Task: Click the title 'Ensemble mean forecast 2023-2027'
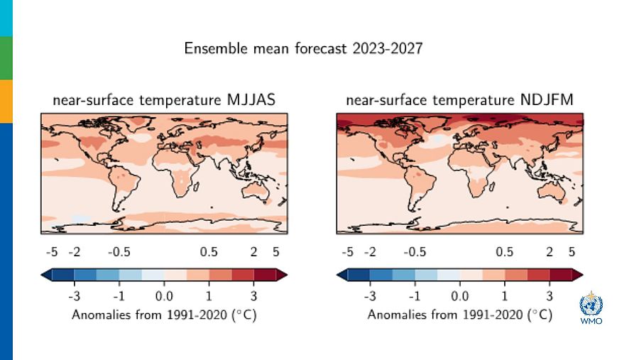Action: tap(303, 49)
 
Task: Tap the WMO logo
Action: tap(591, 307)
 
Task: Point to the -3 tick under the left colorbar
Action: tap(73, 295)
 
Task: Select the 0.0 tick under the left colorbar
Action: tap(164, 295)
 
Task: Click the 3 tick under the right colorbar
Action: tap(549, 295)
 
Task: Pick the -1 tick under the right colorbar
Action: tap(414, 295)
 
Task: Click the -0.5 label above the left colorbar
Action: tap(119, 252)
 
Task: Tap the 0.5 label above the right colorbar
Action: tap(504, 252)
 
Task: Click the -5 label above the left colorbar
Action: tap(51, 252)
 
